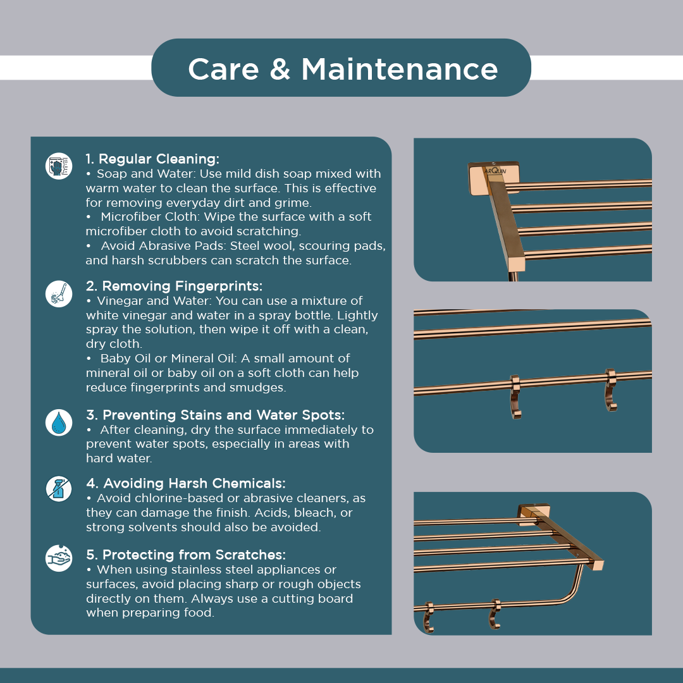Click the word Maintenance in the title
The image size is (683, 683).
point(400,70)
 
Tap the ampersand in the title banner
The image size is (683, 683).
point(280,70)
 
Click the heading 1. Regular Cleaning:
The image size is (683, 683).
point(152,159)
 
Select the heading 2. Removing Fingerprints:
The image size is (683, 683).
point(175,286)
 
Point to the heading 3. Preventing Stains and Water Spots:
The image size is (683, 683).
point(215,415)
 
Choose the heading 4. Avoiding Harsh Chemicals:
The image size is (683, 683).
point(185,484)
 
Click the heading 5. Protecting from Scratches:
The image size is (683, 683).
point(185,555)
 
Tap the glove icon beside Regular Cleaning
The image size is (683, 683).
point(59,166)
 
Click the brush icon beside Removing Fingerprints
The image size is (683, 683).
point(59,294)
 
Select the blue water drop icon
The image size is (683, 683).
point(59,422)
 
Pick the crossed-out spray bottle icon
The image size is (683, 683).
point(59,489)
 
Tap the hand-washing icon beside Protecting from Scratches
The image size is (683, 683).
point(59,558)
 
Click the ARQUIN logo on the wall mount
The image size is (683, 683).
point(495,171)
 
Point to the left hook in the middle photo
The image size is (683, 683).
point(515,397)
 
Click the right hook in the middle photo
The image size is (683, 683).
point(611,390)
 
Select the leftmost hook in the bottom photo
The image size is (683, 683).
point(429,617)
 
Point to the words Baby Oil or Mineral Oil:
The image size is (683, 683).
point(169,359)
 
